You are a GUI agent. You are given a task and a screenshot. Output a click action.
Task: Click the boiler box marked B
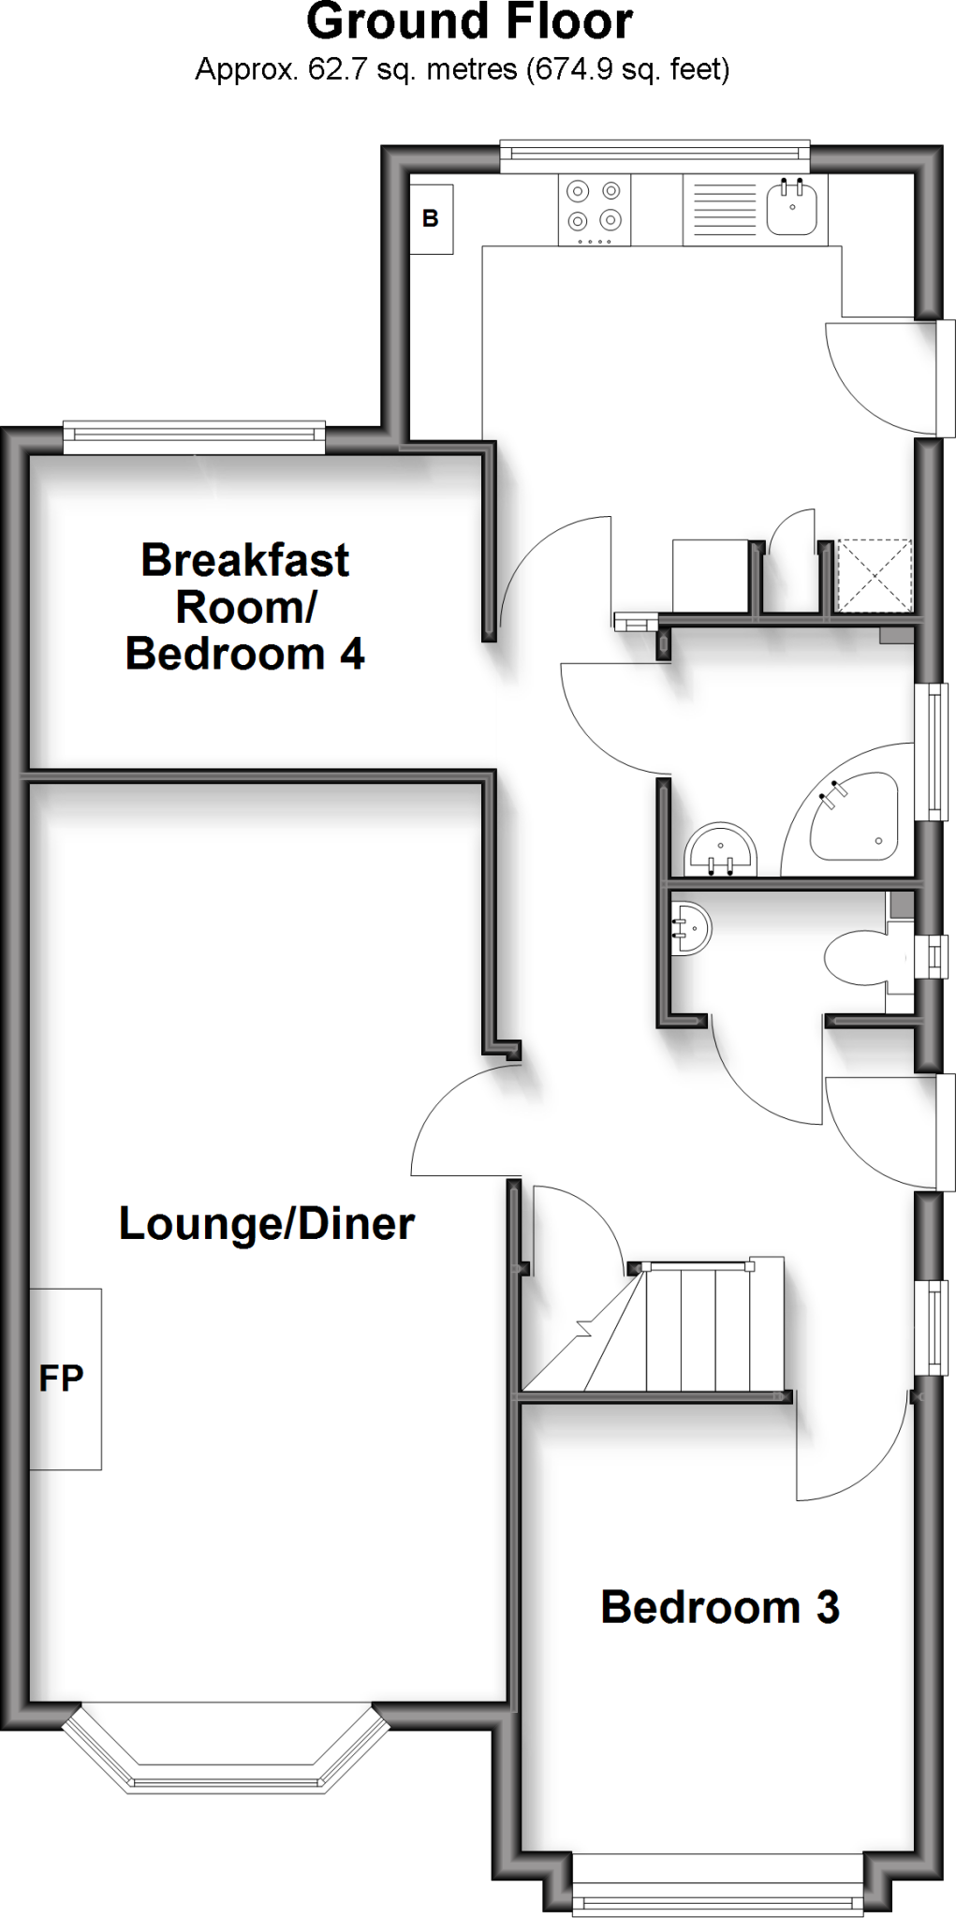tap(431, 218)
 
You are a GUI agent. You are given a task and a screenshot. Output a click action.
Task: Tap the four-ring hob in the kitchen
tap(595, 209)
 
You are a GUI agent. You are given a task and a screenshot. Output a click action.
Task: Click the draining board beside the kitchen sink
tap(722, 209)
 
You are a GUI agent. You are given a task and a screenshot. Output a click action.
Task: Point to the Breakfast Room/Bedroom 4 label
tap(245, 607)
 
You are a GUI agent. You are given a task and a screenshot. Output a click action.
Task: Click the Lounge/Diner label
tap(267, 1224)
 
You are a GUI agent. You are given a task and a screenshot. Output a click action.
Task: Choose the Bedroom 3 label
tap(720, 1607)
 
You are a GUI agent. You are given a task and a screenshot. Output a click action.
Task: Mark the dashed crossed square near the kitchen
tap(874, 575)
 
